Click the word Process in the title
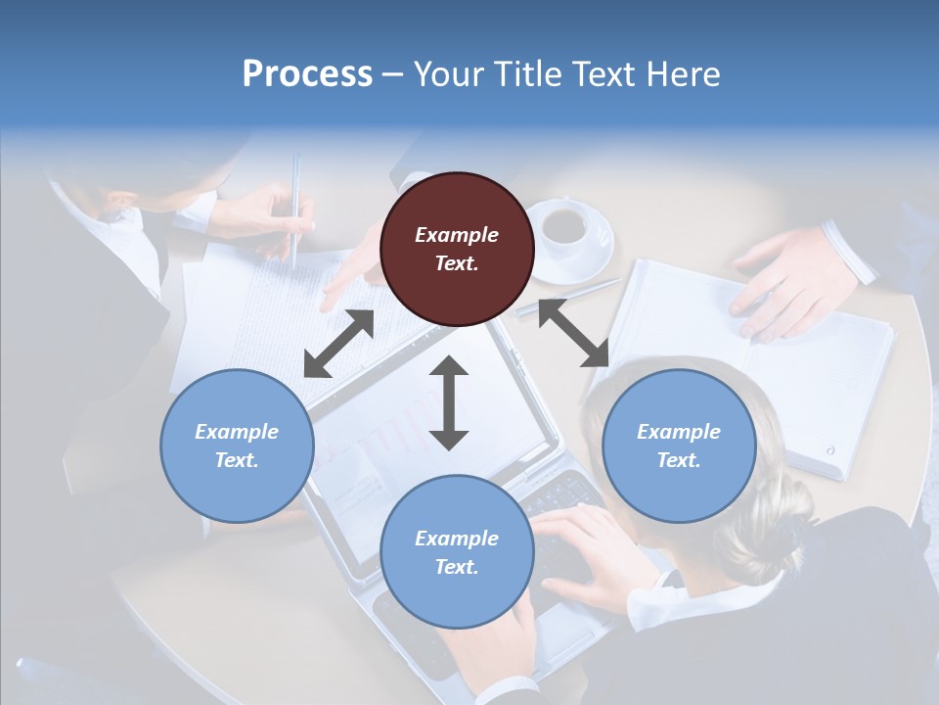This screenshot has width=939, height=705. [x=307, y=74]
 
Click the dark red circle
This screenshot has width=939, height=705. [x=457, y=249]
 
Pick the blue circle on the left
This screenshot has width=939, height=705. [x=237, y=446]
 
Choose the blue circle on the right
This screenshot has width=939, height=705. [x=679, y=446]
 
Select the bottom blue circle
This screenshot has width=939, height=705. [x=457, y=552]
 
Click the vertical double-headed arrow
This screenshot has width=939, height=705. [x=449, y=402]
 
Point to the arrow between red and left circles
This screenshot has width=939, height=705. [x=338, y=344]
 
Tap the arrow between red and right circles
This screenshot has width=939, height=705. [x=573, y=333]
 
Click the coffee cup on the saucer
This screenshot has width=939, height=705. [x=565, y=224]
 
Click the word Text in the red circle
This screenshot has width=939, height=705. [x=456, y=263]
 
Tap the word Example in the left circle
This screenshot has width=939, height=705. [x=237, y=432]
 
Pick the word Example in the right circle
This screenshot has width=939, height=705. [x=679, y=432]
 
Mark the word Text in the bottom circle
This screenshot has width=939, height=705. [x=456, y=567]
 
